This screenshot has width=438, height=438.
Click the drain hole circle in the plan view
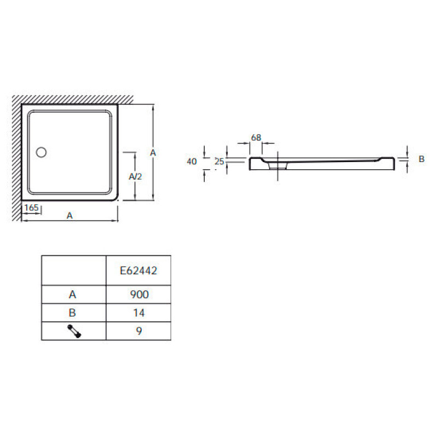coord(41,152)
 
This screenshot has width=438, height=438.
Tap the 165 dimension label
coord(31,208)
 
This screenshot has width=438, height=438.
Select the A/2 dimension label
coord(135,176)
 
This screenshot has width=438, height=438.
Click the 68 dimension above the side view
coord(256,137)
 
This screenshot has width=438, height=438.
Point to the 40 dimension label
coord(192,162)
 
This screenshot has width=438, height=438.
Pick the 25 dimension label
coord(220,162)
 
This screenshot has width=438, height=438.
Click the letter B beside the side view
coord(422,159)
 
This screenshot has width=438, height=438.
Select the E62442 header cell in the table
coord(139,270)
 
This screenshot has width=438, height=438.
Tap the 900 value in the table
coord(140,295)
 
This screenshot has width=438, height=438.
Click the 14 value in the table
coord(139,313)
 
